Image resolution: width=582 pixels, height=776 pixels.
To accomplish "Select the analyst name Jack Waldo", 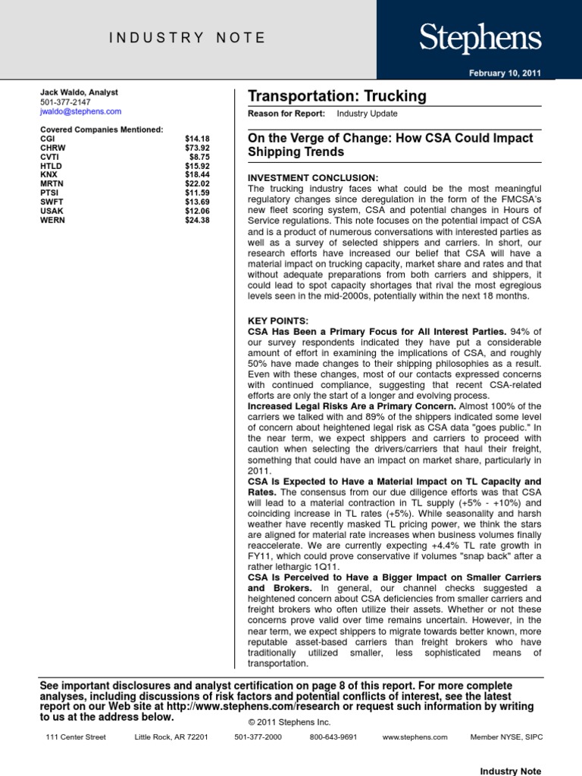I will pos(79,92).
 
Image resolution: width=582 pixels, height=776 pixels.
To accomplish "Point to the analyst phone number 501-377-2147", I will pos(65,102).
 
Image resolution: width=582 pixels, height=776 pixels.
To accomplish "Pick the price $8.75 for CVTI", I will pos(199,157).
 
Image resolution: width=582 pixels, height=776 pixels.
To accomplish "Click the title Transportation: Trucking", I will pos(337,96).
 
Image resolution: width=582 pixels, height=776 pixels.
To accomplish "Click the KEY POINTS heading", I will pos(278,321).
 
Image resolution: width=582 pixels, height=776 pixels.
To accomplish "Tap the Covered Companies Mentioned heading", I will pos(101,130).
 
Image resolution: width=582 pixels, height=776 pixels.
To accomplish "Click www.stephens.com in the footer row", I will pos(415,737).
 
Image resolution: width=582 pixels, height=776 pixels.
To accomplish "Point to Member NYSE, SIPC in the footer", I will pos(506,737).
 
